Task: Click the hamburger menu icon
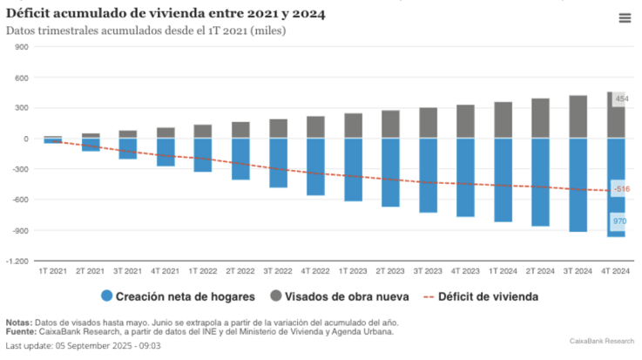(x=625, y=18)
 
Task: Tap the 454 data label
(x=621, y=99)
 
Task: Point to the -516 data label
(x=621, y=189)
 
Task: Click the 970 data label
(x=619, y=221)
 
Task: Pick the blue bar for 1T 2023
(x=353, y=170)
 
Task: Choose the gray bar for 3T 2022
(x=278, y=129)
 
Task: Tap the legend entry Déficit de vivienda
(x=479, y=296)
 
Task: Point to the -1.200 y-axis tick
(x=17, y=261)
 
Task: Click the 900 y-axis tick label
(x=23, y=47)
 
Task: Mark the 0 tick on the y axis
(x=26, y=139)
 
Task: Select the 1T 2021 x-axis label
(x=53, y=271)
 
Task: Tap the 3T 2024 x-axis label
(x=578, y=271)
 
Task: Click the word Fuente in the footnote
(x=21, y=331)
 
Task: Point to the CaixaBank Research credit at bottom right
(x=602, y=342)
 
